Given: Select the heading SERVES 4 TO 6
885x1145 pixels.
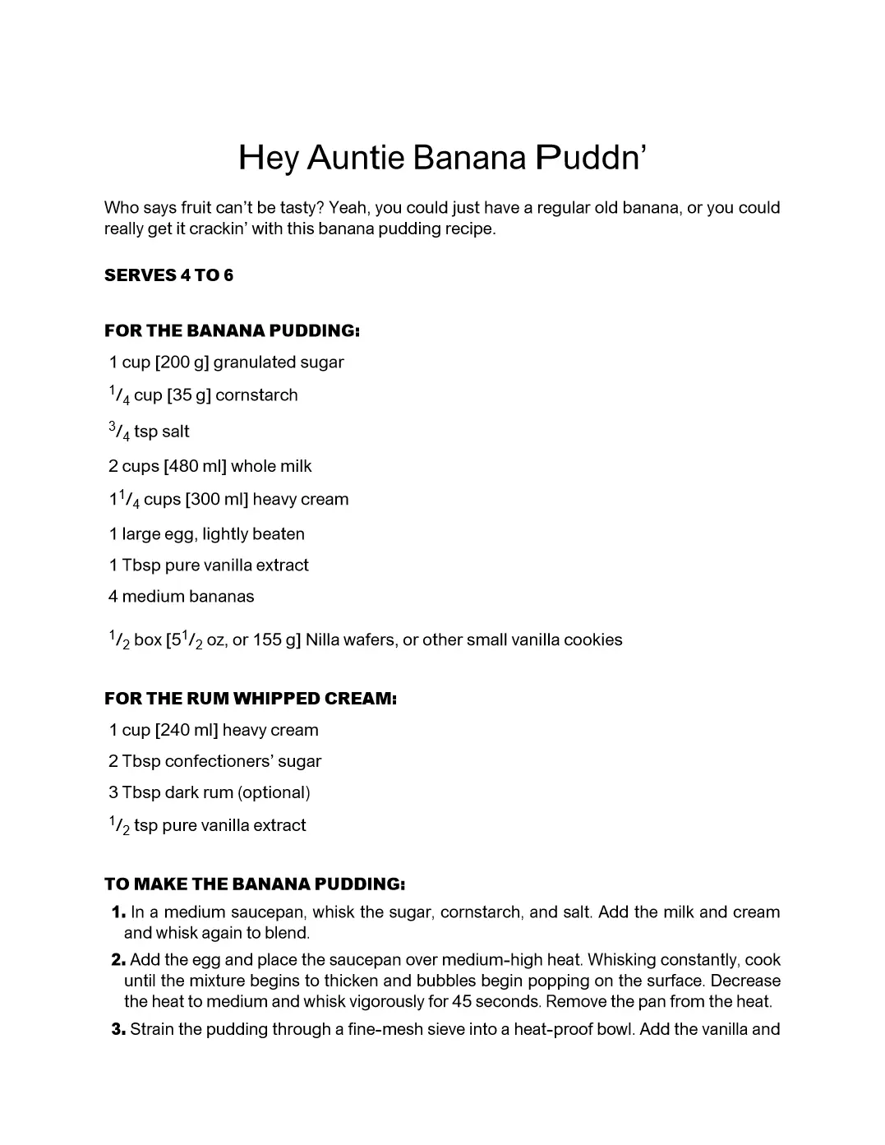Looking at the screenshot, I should click(x=168, y=275).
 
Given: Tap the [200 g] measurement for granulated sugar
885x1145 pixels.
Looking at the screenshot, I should click(x=182, y=362).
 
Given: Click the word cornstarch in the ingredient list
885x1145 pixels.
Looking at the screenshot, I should click(x=256, y=395).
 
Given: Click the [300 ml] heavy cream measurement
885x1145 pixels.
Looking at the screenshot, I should click(x=216, y=500).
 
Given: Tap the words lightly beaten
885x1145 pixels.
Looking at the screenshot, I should click(x=253, y=534).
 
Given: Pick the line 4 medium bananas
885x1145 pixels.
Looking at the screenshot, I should click(x=181, y=597).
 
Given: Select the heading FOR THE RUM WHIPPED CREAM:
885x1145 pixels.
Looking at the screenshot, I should click(x=251, y=699).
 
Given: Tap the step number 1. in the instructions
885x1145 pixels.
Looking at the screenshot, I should click(x=118, y=912).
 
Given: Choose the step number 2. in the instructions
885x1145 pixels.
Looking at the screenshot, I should click(x=118, y=960).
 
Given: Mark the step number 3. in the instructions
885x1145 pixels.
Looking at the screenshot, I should click(x=118, y=1029).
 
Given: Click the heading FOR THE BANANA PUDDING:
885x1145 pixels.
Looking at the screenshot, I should click(x=232, y=331).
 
